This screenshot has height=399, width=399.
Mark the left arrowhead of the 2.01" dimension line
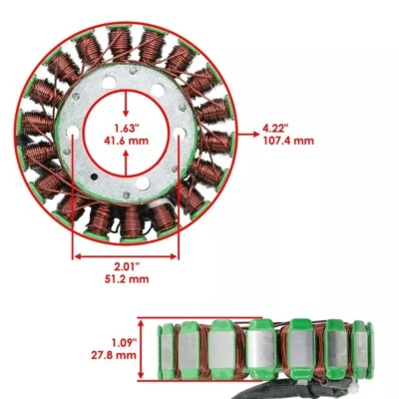click(76, 255)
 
